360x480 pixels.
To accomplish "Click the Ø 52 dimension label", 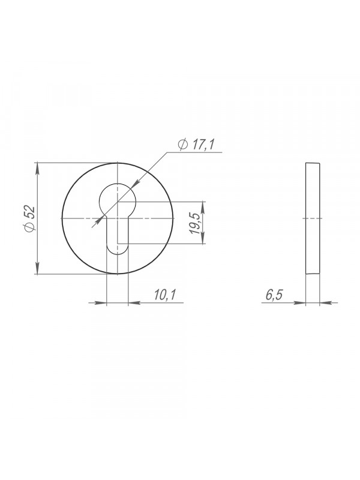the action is (30, 218).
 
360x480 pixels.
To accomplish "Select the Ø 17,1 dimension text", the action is (197, 144).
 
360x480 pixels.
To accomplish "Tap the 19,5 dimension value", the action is (194, 223).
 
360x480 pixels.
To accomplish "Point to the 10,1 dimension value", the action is (164, 295).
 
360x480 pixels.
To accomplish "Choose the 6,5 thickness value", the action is (274, 295).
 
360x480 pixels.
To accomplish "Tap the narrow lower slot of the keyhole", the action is (117, 236).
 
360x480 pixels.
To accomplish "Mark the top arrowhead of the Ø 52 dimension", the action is (37, 169).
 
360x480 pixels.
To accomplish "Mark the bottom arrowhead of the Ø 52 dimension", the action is (37, 268).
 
